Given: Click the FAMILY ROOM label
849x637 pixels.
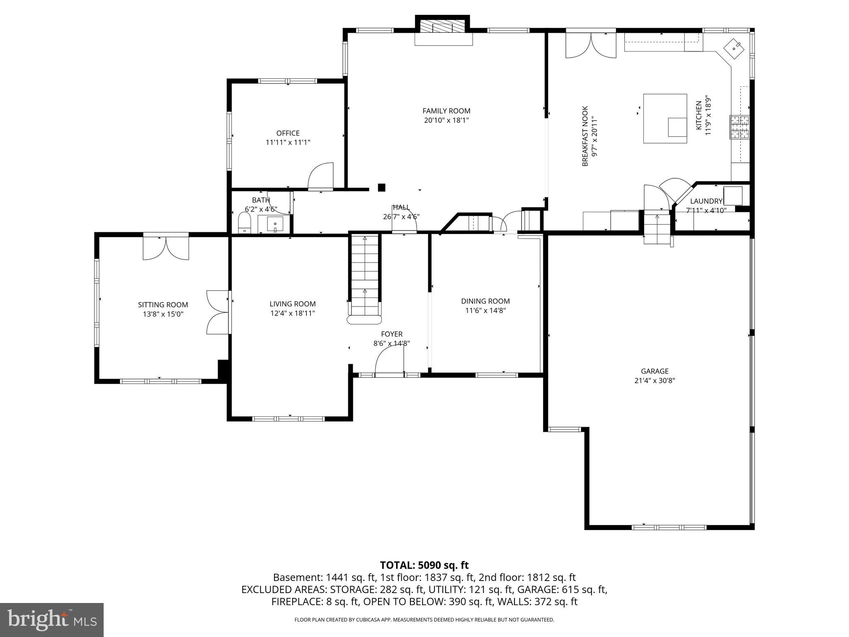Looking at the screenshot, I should (x=446, y=111).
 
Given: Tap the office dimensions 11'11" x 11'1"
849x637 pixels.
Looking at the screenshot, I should (x=288, y=142).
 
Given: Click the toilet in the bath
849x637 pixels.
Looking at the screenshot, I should (x=245, y=224).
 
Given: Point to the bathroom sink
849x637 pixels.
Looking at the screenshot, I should (x=274, y=225).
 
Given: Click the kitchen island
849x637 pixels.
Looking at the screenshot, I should (x=665, y=119).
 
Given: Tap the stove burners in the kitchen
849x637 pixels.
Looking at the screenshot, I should (x=740, y=127).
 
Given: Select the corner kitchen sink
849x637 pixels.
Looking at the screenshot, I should (x=735, y=49).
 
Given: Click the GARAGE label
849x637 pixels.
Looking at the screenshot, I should (x=655, y=371).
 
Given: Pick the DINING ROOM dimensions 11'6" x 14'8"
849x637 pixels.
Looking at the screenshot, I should (x=485, y=310).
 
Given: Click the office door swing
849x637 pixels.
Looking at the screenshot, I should (x=321, y=176).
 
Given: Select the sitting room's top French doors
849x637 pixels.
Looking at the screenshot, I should (x=166, y=248).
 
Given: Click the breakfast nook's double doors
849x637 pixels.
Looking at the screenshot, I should (x=591, y=45).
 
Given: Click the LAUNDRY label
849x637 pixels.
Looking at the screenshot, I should (x=706, y=201).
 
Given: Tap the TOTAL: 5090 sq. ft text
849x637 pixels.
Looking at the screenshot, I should (x=424, y=565).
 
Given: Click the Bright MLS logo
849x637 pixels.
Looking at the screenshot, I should (x=52, y=620).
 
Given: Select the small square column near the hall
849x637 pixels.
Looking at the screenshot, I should (x=381, y=187).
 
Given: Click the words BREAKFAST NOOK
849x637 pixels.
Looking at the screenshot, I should (x=585, y=136).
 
